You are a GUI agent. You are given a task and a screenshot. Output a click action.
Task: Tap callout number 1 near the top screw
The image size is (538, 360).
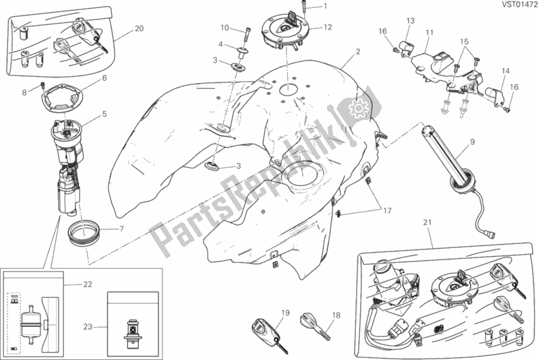click(325, 6)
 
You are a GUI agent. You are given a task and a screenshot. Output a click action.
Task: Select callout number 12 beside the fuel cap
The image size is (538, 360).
click(328, 27)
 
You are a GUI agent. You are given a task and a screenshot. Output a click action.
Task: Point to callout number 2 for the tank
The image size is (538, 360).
click(358, 52)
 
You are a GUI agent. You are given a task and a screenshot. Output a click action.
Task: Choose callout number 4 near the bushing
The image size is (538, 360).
click(221, 44)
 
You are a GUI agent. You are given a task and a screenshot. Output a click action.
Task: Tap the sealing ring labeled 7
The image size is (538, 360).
click(84, 233)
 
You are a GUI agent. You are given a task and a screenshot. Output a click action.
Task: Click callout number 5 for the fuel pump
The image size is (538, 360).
click(104, 113)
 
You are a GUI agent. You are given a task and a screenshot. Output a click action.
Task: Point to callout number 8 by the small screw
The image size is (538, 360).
click(24, 92)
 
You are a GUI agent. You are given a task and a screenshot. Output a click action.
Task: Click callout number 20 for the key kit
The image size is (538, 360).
click(139, 28)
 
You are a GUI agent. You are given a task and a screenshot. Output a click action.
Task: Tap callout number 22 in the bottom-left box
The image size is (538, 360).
click(88, 284)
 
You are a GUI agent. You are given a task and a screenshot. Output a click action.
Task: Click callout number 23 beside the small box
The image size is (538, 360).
click(88, 326)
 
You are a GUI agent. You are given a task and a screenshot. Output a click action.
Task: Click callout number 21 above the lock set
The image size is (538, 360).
click(427, 222)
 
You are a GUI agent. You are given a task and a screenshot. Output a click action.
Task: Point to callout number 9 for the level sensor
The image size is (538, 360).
click(473, 142)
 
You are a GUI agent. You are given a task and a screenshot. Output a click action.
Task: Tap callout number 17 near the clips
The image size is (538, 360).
click(387, 211)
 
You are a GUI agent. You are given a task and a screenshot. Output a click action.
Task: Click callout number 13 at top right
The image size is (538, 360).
click(411, 21)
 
